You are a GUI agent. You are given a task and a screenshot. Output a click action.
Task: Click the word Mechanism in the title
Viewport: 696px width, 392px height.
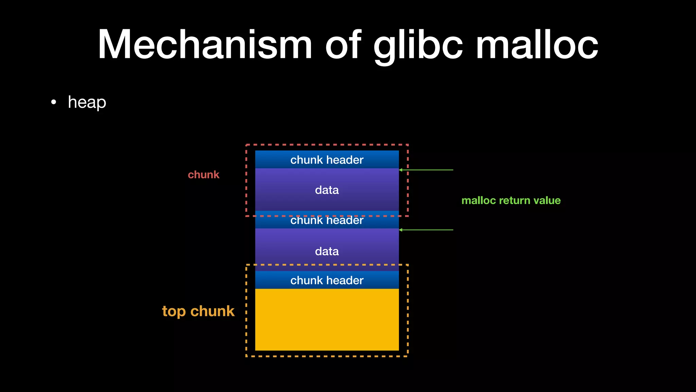[x=205, y=45]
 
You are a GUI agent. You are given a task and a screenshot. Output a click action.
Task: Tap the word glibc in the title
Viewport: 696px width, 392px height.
[x=418, y=45]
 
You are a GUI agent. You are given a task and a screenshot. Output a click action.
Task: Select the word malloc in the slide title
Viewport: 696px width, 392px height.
[x=537, y=45]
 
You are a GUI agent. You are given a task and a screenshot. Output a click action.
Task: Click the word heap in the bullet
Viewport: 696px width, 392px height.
[x=87, y=102]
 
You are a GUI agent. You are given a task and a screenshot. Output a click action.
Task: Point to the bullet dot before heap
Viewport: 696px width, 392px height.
[x=53, y=102]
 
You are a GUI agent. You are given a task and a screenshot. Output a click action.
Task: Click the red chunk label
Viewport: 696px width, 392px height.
[x=204, y=175]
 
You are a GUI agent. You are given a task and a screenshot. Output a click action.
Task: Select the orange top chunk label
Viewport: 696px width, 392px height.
[x=198, y=311]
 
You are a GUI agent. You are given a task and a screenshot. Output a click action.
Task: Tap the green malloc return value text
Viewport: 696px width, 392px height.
[x=511, y=200]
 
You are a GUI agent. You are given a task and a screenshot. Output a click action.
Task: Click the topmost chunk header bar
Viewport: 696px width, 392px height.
[x=327, y=160]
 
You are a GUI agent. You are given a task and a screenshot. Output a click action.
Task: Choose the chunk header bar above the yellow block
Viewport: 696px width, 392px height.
[x=327, y=280]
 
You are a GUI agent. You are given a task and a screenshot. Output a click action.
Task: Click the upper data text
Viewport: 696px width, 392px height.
[x=327, y=190]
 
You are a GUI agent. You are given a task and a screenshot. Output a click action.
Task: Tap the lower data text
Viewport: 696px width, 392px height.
[x=327, y=251]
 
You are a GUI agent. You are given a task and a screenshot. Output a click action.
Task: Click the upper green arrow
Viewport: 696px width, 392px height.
[x=427, y=170]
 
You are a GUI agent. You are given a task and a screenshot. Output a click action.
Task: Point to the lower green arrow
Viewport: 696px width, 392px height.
[x=427, y=230]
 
